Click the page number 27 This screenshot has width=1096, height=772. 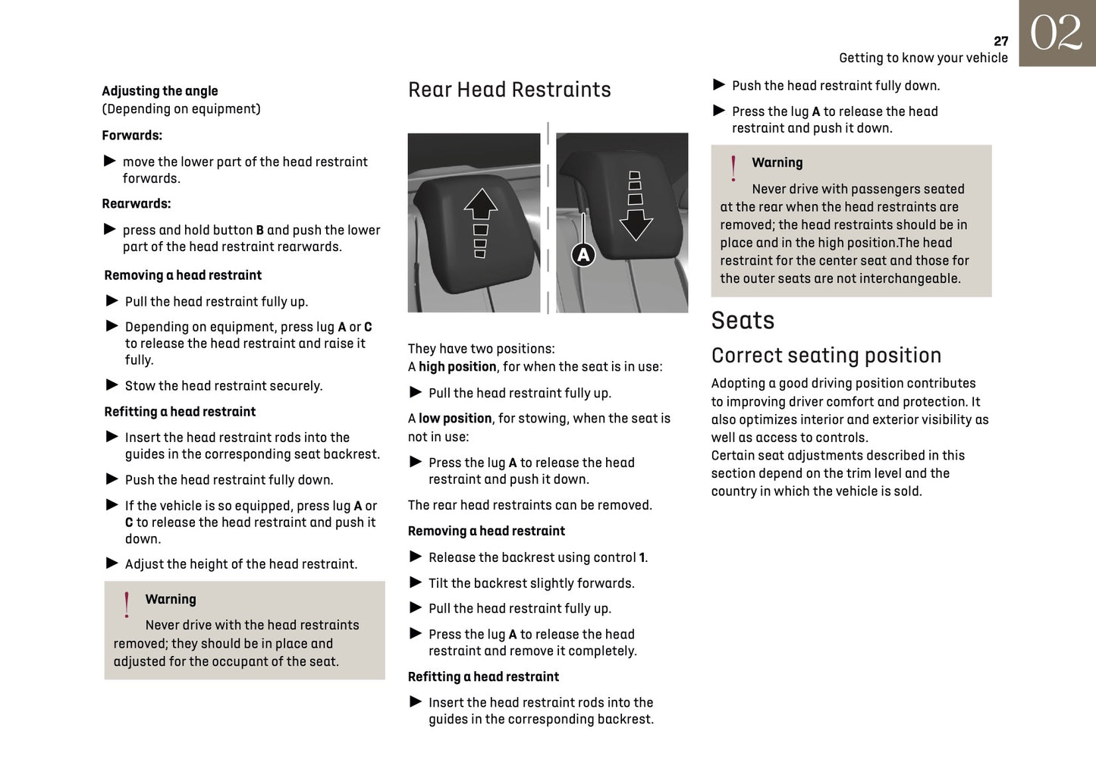(1000, 41)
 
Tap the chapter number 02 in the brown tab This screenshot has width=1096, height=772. (1056, 33)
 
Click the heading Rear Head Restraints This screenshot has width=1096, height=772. (509, 89)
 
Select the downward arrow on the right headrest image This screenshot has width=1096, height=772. (636, 224)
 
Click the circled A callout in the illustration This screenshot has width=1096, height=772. (583, 255)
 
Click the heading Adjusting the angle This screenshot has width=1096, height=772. (159, 91)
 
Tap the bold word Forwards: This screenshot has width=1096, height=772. (132, 136)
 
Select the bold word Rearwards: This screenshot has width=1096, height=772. (137, 204)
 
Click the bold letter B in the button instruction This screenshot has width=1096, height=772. (259, 231)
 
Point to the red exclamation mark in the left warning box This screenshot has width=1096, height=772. (127, 605)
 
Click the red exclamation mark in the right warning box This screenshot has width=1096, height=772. (733, 168)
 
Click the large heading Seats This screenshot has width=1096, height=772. (743, 321)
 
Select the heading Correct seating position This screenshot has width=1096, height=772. (826, 356)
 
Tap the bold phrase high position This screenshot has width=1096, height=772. (457, 367)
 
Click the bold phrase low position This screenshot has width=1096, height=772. (455, 419)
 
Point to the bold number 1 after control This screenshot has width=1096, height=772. (642, 558)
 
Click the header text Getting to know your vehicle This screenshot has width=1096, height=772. (923, 58)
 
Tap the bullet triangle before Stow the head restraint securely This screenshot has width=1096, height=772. (112, 385)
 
